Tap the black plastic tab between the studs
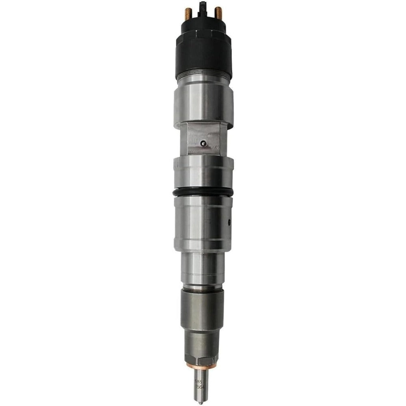[x=203, y=8]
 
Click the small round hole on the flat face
[x=204, y=143]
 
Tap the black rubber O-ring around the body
[x=203, y=191]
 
